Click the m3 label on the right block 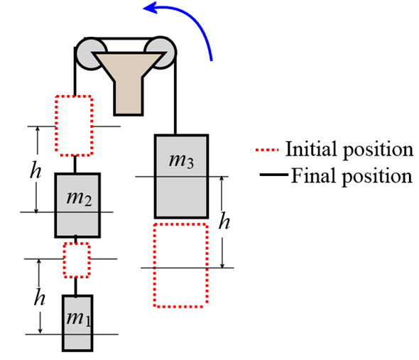(181, 160)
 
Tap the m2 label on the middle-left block (80, 199)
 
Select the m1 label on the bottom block (79, 319)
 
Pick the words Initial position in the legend (349, 150)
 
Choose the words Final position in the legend (352, 176)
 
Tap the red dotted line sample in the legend (267, 150)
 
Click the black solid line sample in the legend (274, 175)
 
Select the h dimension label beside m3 (224, 222)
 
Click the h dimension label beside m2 (36, 170)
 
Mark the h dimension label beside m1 (39, 298)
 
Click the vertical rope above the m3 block (175, 94)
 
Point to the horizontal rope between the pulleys (126, 39)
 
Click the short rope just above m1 (76, 287)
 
